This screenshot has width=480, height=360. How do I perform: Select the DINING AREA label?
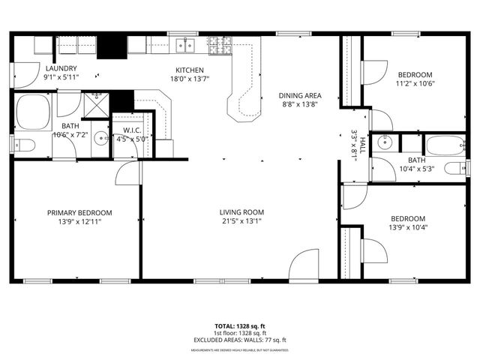point(300,95)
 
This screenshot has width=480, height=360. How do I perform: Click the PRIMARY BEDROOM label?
point(79,212)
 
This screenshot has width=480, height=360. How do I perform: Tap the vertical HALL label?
point(362,144)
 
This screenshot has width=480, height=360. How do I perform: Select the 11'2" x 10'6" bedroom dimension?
point(415,83)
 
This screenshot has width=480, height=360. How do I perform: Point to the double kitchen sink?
point(185,46)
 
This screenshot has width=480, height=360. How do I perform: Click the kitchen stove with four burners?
point(218,46)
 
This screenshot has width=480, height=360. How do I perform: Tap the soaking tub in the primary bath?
point(33,112)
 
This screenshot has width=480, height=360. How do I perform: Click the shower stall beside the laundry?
point(94,105)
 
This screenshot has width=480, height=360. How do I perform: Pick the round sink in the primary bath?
point(98,143)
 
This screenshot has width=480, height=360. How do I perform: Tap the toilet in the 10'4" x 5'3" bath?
point(453,167)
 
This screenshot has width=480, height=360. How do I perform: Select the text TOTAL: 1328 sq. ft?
point(239,326)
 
